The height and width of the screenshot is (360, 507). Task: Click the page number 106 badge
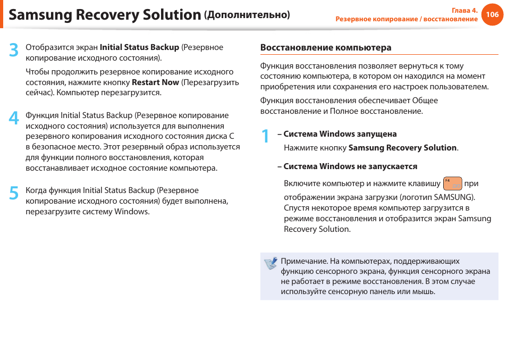click(492, 14)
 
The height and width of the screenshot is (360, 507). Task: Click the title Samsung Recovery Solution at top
click(105, 15)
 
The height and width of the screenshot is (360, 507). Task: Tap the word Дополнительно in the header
click(247, 15)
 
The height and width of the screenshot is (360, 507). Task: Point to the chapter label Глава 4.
click(464, 10)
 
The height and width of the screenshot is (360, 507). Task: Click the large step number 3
click(14, 51)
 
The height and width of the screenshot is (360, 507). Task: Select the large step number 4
click(14, 119)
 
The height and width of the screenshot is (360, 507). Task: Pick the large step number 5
click(14, 194)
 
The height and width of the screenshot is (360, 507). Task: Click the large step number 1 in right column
click(265, 137)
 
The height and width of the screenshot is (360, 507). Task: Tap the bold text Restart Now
click(155, 82)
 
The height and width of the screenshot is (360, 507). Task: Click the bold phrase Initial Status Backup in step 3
click(139, 47)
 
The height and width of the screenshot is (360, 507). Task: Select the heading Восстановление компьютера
click(325, 48)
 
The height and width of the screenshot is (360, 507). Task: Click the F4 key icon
click(452, 184)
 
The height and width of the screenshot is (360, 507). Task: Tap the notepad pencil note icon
click(271, 263)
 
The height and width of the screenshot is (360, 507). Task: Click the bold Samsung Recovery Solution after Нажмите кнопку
click(402, 148)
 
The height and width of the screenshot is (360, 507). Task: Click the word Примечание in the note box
click(303, 261)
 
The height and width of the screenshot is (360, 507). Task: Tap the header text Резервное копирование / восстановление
click(407, 19)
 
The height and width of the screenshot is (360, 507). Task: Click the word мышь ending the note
click(424, 291)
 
